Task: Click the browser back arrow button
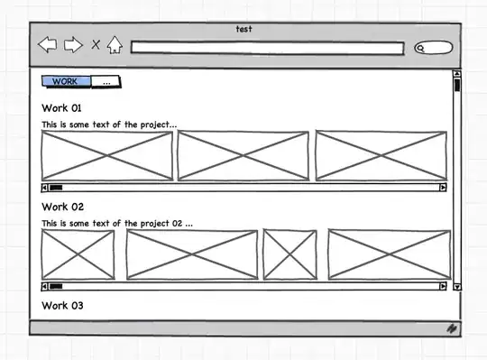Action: (48, 44)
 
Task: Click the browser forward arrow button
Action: (73, 44)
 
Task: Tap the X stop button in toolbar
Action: (96, 44)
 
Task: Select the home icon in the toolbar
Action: (115, 45)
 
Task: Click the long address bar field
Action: (268, 48)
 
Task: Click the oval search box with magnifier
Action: (434, 48)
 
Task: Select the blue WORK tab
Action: (66, 81)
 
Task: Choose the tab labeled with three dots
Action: (106, 82)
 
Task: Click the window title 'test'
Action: (243, 29)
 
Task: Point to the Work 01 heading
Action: (61, 108)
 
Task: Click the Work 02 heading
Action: (63, 207)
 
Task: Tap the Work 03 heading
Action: (62, 306)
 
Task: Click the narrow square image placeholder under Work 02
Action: (290, 254)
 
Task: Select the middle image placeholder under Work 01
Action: (243, 155)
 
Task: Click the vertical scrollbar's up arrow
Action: (457, 74)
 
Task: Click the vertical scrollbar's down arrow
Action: (457, 287)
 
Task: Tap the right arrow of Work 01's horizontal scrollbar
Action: (443, 188)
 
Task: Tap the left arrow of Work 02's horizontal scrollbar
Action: (44, 286)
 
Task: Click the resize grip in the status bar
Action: (452, 328)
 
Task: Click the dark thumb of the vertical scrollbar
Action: (457, 85)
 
